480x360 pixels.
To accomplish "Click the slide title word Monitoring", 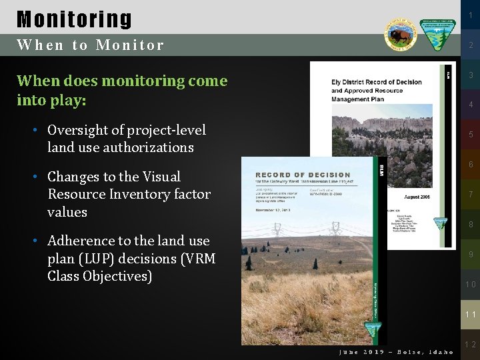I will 74,19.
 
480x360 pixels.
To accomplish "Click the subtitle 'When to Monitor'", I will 90,45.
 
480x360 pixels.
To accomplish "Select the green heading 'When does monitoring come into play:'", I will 121,91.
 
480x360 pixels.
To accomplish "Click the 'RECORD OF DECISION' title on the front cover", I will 303,175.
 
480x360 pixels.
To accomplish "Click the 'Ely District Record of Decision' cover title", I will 377,83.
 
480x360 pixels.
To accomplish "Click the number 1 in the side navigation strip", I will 471,15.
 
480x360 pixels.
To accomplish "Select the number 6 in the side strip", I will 471,165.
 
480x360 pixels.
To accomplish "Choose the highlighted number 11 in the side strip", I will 471,314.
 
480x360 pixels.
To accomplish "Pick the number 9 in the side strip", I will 471,255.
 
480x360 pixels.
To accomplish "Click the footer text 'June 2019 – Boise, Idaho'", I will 396,352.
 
